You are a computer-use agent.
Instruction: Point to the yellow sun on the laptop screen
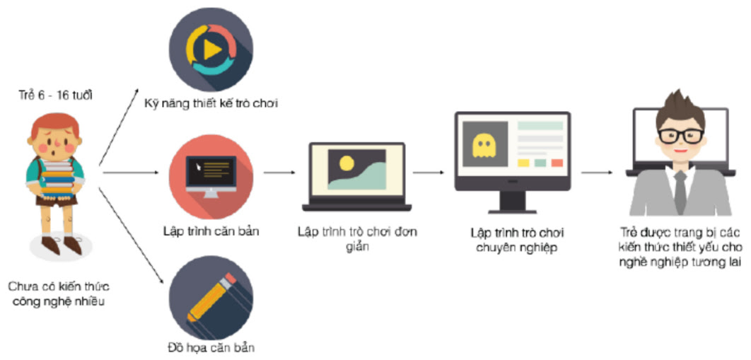(x=346, y=163)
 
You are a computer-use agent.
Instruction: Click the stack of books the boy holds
(x=57, y=176)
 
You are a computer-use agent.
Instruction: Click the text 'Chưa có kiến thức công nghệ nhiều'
(x=60, y=294)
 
